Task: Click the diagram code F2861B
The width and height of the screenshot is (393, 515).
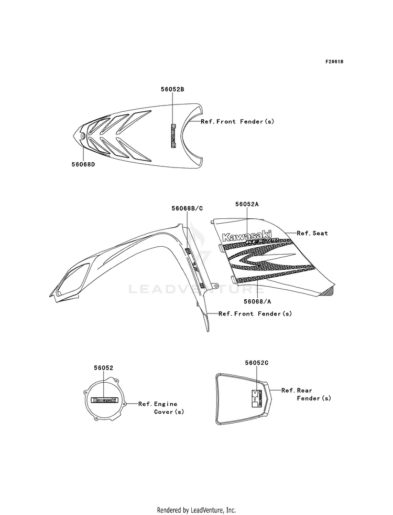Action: click(334, 61)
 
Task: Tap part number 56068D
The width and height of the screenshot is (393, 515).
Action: click(83, 164)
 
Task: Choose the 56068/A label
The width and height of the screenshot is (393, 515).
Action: click(257, 301)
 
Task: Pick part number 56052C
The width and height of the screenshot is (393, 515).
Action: click(256, 363)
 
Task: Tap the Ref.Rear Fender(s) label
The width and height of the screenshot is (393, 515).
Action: click(306, 394)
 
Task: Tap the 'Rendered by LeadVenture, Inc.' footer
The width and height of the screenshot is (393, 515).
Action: click(196, 510)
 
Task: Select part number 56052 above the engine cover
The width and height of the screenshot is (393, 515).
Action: click(104, 369)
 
